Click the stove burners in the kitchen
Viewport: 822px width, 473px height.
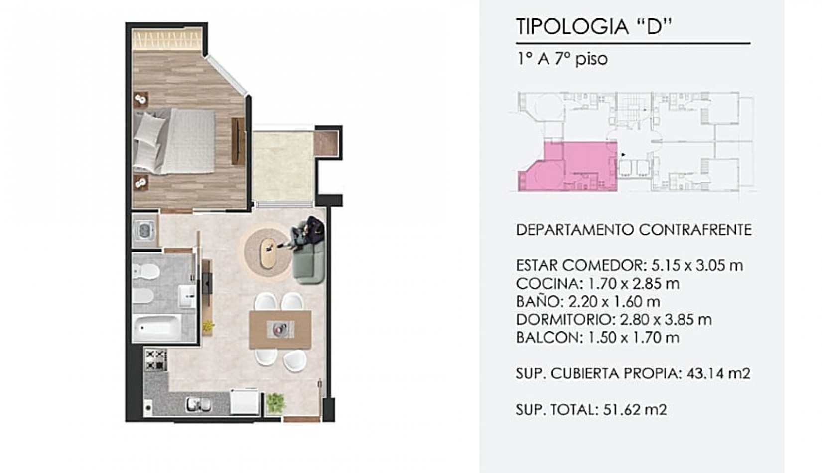click(156, 360)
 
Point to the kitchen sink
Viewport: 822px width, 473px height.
click(199, 404)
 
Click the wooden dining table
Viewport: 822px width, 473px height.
click(280, 329)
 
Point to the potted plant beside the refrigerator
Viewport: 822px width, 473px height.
click(275, 403)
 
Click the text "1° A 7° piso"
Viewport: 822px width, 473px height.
click(562, 59)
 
